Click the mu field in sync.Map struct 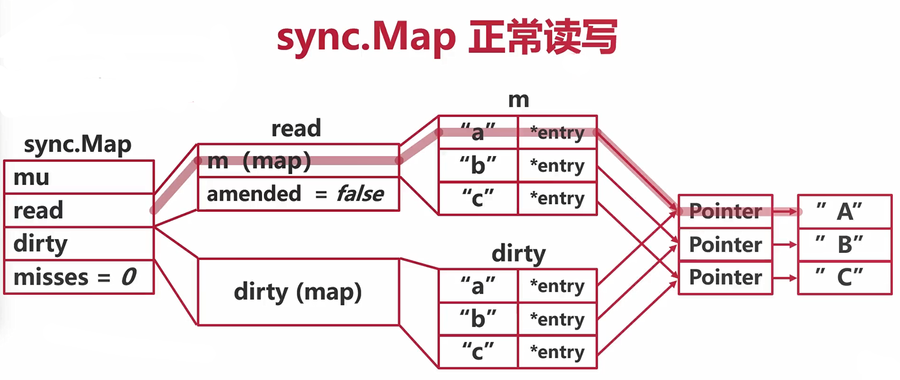click(79, 177)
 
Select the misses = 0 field click(79, 277)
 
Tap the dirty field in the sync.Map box click(79, 244)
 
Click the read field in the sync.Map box click(79, 210)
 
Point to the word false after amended click(360, 194)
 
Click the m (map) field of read click(298, 161)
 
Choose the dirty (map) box click(298, 292)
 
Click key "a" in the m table click(478, 133)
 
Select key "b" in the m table click(478, 165)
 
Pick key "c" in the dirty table click(478, 351)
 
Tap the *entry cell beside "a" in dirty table click(557, 286)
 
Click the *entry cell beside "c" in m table click(557, 198)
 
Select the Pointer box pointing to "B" click(725, 245)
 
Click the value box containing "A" click(844, 211)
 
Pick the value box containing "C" click(844, 277)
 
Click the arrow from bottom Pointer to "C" click(785, 278)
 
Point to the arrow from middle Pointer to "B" click(785, 245)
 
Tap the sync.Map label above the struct click(78, 144)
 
